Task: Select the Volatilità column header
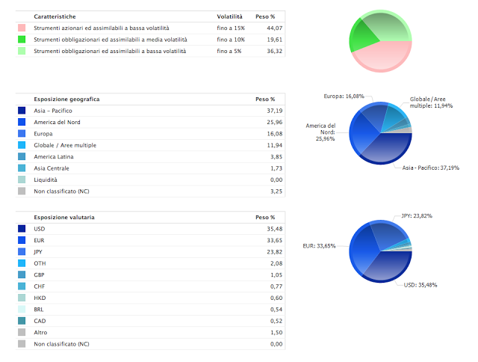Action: click(x=229, y=16)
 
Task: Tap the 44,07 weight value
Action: click(x=267, y=28)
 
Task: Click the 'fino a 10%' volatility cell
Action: click(x=230, y=39)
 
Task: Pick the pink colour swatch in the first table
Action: click(x=22, y=28)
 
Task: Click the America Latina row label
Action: click(x=55, y=156)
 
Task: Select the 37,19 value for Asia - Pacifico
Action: click(x=267, y=110)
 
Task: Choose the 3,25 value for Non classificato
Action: click(x=268, y=191)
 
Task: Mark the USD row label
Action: click(x=40, y=228)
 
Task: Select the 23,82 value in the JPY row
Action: click(x=267, y=251)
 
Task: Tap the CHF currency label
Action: click(x=40, y=286)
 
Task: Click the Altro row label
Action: click(x=42, y=332)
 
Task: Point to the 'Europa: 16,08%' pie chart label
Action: click(x=344, y=96)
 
